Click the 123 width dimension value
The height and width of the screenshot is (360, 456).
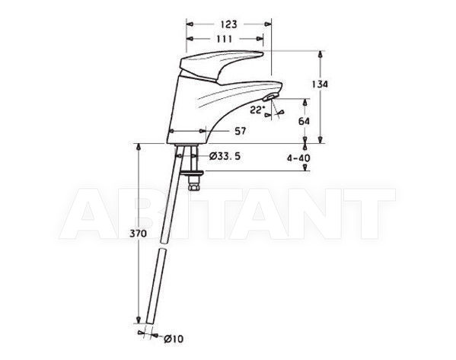[228, 24]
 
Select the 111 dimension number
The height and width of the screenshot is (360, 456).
[225, 39]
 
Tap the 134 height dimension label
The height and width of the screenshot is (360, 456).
[320, 84]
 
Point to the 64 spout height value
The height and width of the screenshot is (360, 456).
[305, 121]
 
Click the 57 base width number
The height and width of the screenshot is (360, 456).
[241, 131]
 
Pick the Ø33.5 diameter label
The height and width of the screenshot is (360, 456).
[225, 157]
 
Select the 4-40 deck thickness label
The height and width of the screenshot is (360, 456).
[298, 158]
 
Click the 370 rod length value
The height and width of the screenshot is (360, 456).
[138, 234]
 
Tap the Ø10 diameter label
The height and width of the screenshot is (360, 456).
[174, 339]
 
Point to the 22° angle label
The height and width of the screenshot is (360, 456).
[257, 110]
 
